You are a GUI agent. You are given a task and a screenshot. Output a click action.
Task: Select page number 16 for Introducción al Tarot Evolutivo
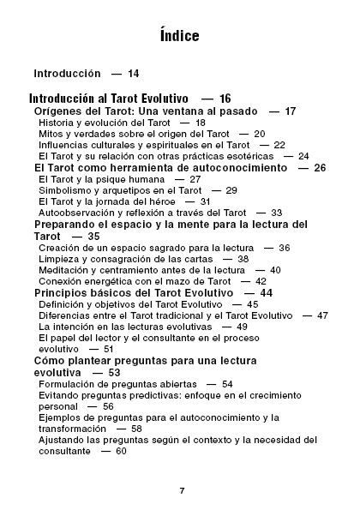[225, 100]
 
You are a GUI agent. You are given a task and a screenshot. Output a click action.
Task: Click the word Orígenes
[60, 112]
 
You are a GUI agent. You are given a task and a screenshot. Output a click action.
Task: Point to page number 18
[200, 123]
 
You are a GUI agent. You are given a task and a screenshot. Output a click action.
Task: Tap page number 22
[279, 145]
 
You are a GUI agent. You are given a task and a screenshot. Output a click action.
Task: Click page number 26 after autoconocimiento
[321, 168]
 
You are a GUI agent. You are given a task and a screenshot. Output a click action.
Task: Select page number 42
[261, 281]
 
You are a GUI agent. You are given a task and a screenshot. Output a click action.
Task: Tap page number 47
[321, 315]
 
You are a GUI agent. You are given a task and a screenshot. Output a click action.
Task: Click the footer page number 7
[181, 490]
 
